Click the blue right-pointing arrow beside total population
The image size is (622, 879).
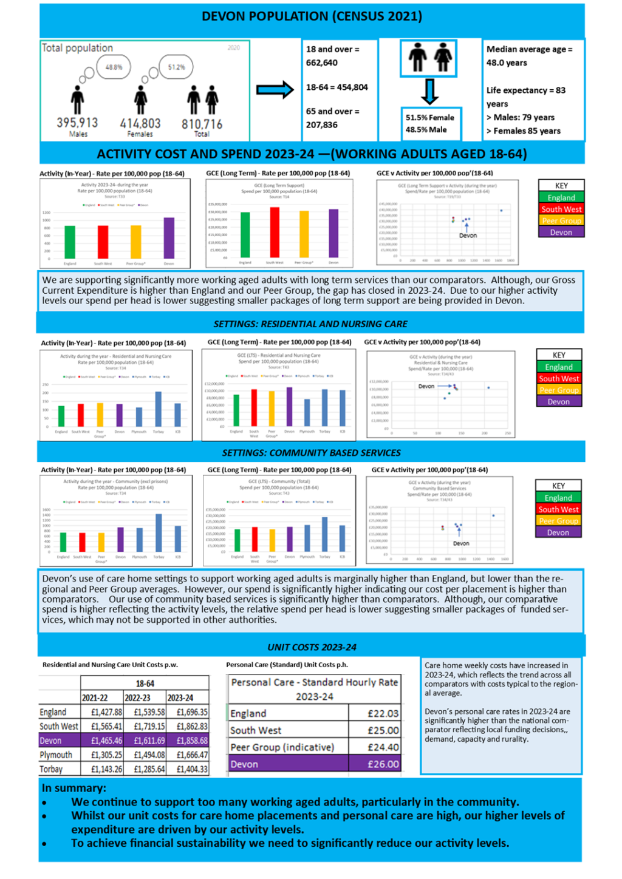pos(275,90)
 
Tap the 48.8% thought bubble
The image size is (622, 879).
pos(114,67)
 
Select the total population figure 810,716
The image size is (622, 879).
pos(202,124)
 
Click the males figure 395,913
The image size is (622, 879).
pos(77,123)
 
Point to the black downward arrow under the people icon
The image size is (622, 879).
pos(429,92)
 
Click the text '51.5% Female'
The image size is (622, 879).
pos(430,118)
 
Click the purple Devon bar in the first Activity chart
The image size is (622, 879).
pos(169,239)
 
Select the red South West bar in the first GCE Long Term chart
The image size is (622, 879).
pos(275,232)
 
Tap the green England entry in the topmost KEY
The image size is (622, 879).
pos(561,198)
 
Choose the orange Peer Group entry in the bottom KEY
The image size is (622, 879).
pos(558,521)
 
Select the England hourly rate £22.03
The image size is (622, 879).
pos(383,714)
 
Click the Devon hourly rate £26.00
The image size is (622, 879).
pos(383,764)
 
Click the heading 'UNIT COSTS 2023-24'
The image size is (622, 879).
pos(312,647)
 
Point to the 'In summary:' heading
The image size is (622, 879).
pos(73,788)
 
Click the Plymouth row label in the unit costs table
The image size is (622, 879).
pos(56,755)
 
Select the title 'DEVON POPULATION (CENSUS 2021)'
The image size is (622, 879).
pos(312,16)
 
